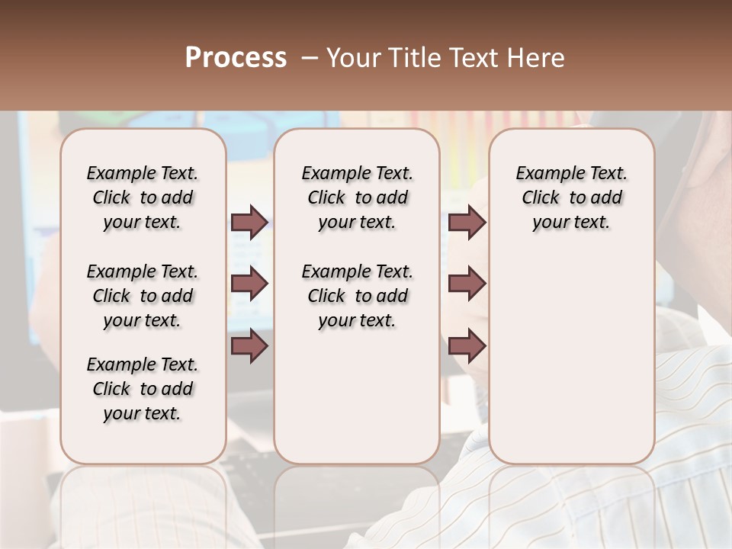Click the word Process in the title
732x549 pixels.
(236, 58)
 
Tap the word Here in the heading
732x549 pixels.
(537, 58)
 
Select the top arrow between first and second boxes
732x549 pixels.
(249, 223)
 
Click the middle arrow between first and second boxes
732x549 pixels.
(249, 284)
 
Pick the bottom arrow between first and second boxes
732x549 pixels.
(249, 346)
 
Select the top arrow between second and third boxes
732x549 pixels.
(467, 223)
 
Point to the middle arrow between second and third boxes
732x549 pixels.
(467, 284)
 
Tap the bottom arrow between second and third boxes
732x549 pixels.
(467, 346)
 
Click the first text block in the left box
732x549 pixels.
(143, 197)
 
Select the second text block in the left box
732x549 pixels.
(143, 296)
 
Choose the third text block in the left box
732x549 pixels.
(143, 389)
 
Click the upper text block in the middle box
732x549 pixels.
(357, 197)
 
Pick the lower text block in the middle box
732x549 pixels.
(357, 296)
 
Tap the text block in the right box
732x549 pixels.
(572, 197)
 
